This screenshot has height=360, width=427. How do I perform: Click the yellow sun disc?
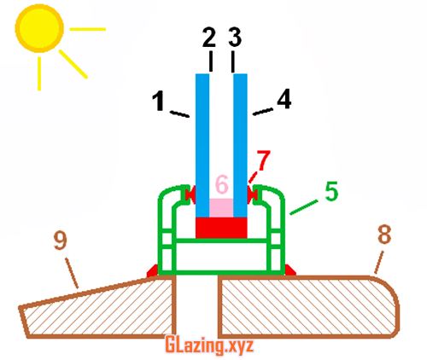39,28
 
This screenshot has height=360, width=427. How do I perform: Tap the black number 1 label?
158,102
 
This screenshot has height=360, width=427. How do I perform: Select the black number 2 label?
209,38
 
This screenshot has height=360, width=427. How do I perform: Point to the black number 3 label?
235,38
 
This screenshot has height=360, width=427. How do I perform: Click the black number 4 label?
284,99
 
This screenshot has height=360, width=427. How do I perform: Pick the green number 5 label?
331,191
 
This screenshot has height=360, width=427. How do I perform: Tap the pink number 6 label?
222,184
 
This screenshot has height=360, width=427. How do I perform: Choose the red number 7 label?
263,160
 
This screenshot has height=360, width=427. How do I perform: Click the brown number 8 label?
384,235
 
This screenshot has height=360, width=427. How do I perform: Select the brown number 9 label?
61,241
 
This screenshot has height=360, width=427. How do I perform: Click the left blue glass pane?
202,146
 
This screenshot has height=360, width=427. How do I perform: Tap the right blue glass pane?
240,146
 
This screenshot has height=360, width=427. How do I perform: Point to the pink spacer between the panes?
221,208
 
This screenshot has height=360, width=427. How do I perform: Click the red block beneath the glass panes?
221,228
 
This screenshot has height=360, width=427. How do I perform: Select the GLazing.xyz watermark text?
209,345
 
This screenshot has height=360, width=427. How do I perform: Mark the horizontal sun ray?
88,29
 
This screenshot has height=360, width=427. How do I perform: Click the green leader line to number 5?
304,207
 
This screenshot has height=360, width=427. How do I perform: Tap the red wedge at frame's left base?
152,270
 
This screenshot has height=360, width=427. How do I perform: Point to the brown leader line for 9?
72,273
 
